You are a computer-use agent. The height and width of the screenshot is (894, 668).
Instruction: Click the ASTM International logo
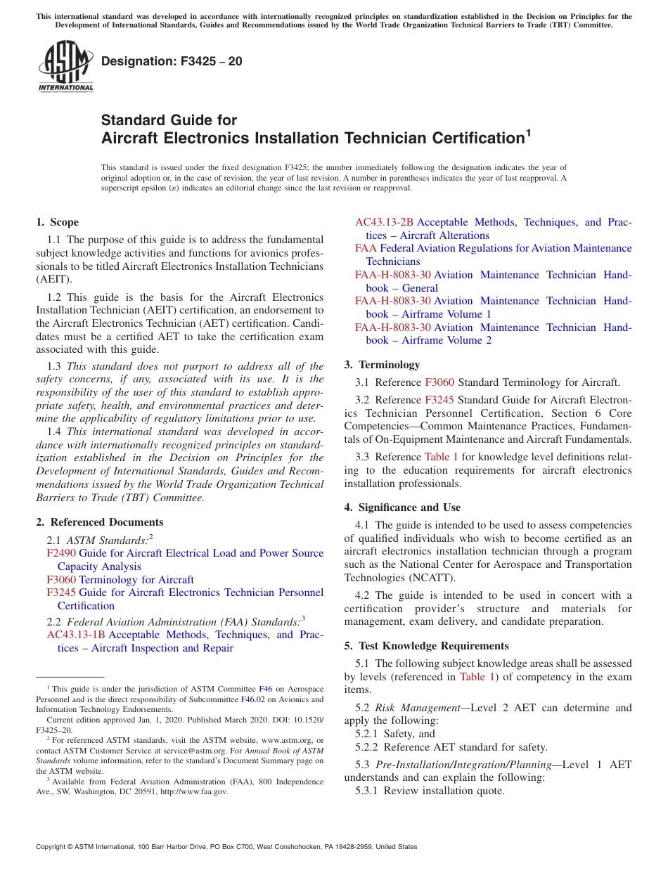(x=65, y=66)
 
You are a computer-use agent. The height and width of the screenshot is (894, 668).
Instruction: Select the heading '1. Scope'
(x=57, y=222)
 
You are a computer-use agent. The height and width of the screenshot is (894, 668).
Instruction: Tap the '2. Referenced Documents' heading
(x=99, y=522)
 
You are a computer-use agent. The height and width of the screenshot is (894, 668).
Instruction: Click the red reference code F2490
(x=61, y=553)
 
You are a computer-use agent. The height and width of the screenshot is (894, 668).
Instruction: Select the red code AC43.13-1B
(x=76, y=635)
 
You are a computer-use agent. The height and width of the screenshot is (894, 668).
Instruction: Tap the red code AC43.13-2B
(x=384, y=222)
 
